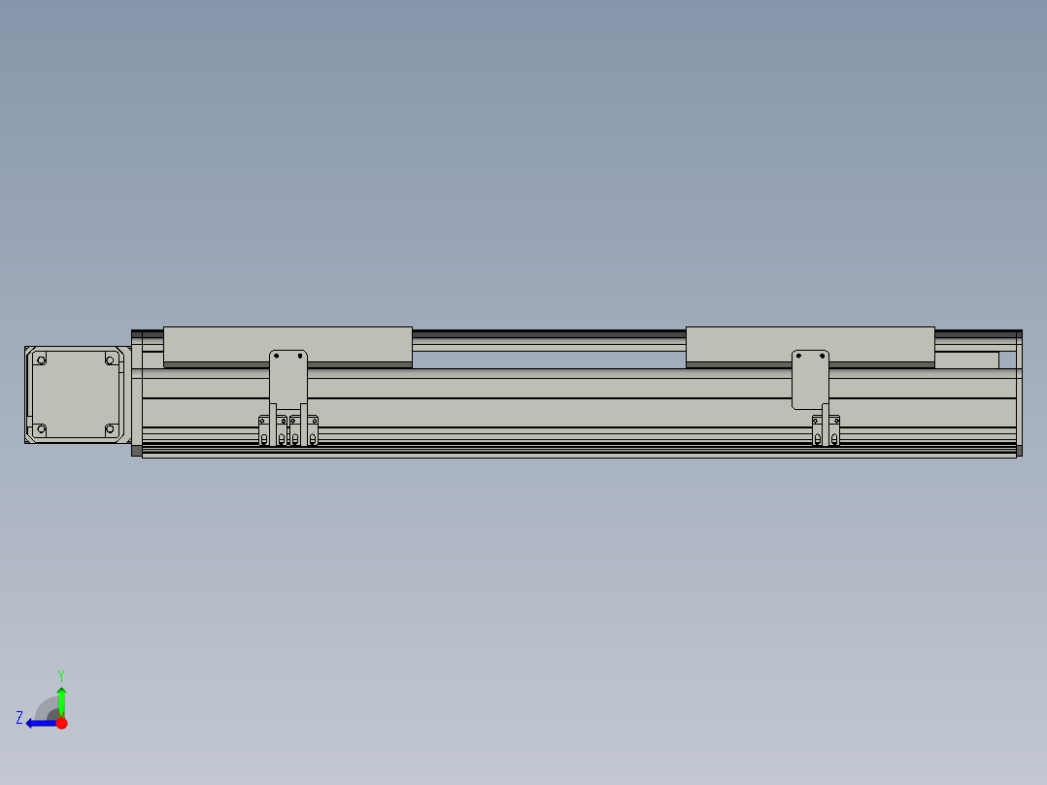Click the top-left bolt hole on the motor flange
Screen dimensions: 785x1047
point(41,360)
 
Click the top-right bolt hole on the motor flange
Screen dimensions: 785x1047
point(110,360)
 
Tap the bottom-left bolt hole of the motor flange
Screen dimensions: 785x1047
point(41,428)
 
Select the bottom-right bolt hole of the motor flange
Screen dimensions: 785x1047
point(110,428)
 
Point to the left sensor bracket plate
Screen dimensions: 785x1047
point(287,374)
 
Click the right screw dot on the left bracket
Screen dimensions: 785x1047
point(298,357)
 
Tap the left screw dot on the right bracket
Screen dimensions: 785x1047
point(800,357)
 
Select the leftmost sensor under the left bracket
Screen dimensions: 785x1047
point(263,431)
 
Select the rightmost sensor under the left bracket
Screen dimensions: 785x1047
point(313,431)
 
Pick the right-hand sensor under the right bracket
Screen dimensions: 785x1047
point(834,431)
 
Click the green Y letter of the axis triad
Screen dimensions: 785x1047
point(60,674)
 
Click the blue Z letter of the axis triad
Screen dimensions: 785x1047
point(19,718)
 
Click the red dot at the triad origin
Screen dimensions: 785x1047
point(61,723)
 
